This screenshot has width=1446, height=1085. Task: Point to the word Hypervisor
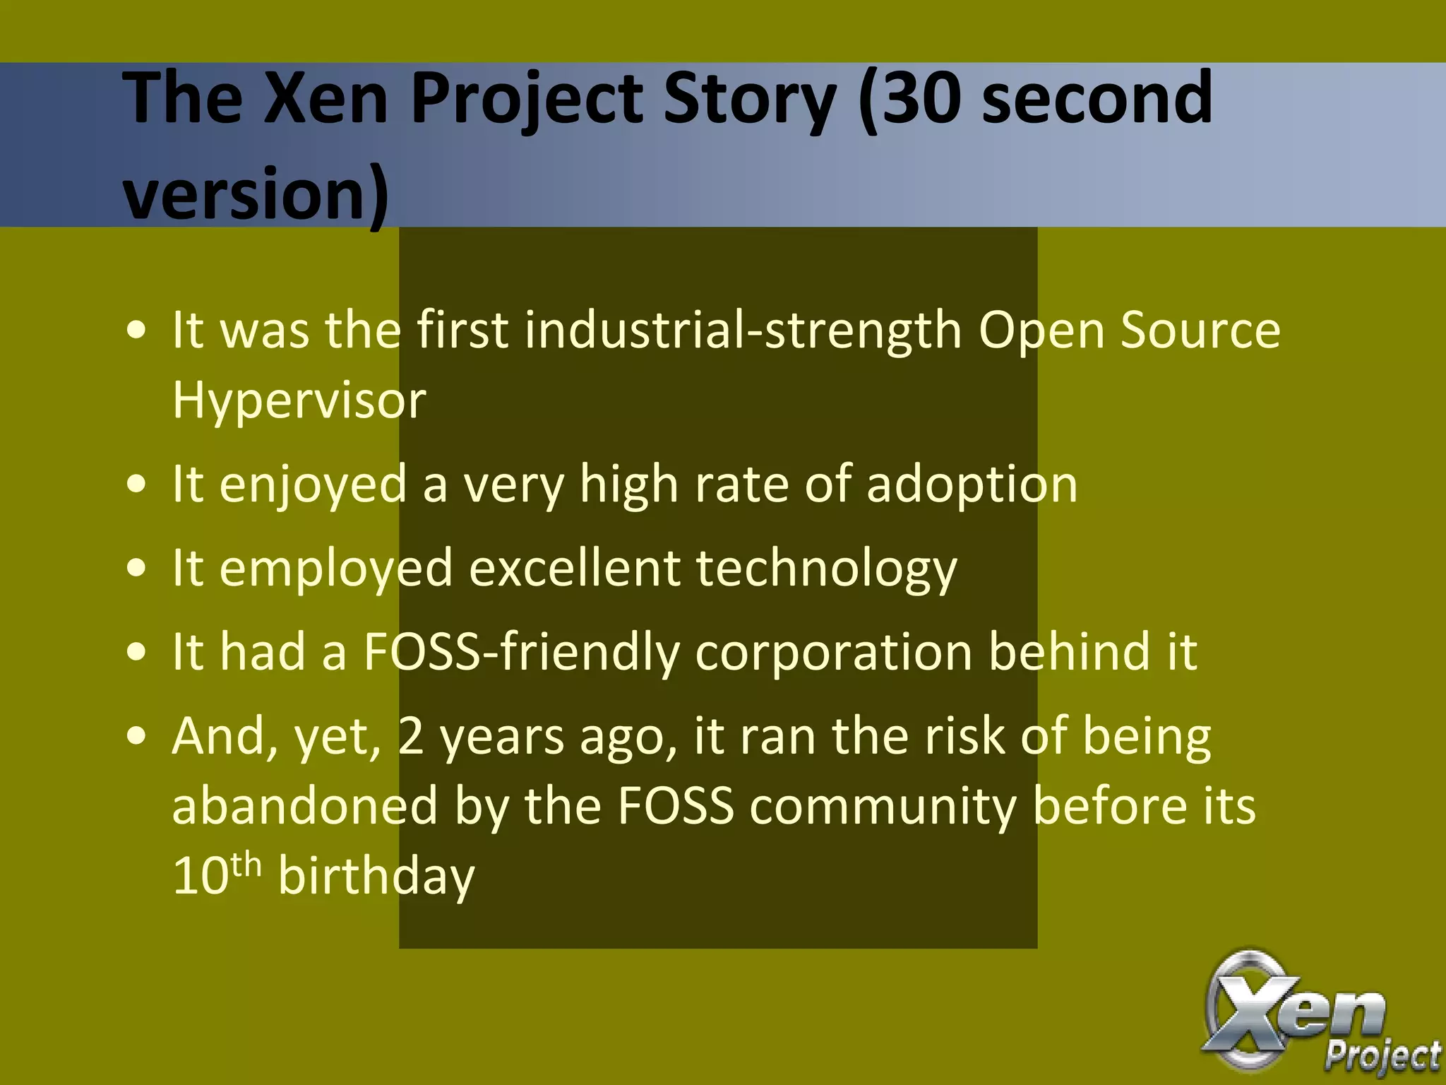(299, 400)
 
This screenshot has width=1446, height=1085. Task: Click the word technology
(826, 568)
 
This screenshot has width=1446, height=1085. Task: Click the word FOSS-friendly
(521, 651)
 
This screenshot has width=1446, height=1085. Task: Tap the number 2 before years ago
(411, 736)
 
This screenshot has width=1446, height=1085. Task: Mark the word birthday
(376, 876)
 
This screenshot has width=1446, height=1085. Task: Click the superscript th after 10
(246, 864)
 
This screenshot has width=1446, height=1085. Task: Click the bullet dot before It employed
(137, 569)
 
